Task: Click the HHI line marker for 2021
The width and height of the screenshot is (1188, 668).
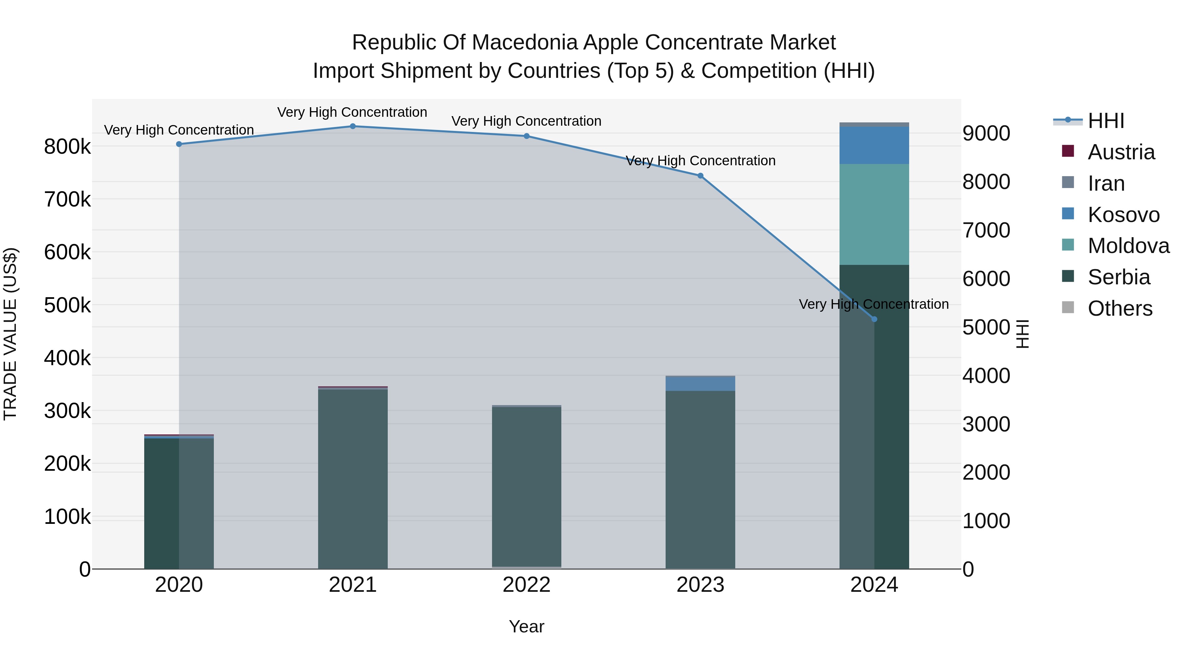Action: pos(353,126)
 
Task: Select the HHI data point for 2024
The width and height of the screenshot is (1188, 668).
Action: pos(874,319)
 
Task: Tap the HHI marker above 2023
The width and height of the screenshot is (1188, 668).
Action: pos(700,175)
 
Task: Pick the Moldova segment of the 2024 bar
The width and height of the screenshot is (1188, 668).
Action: pos(874,214)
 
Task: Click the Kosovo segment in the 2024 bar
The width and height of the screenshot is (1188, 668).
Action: pos(874,145)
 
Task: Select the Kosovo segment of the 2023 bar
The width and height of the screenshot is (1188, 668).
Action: pos(700,384)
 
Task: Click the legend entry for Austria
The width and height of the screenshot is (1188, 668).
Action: pos(1121,152)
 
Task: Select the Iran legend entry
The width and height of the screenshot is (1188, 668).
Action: pos(1106,183)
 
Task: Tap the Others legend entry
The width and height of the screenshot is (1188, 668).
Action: pos(1120,308)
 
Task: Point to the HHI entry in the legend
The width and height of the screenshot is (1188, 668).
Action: pos(1105,121)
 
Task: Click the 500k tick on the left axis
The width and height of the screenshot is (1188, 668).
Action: pos(67,305)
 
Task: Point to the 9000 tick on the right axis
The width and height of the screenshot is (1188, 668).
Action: pos(986,133)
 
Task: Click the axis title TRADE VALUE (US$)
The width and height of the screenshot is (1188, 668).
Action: pos(10,334)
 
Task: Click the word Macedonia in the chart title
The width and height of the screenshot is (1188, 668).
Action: pos(525,43)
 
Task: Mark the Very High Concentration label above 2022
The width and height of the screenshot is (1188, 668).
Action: pos(526,121)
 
